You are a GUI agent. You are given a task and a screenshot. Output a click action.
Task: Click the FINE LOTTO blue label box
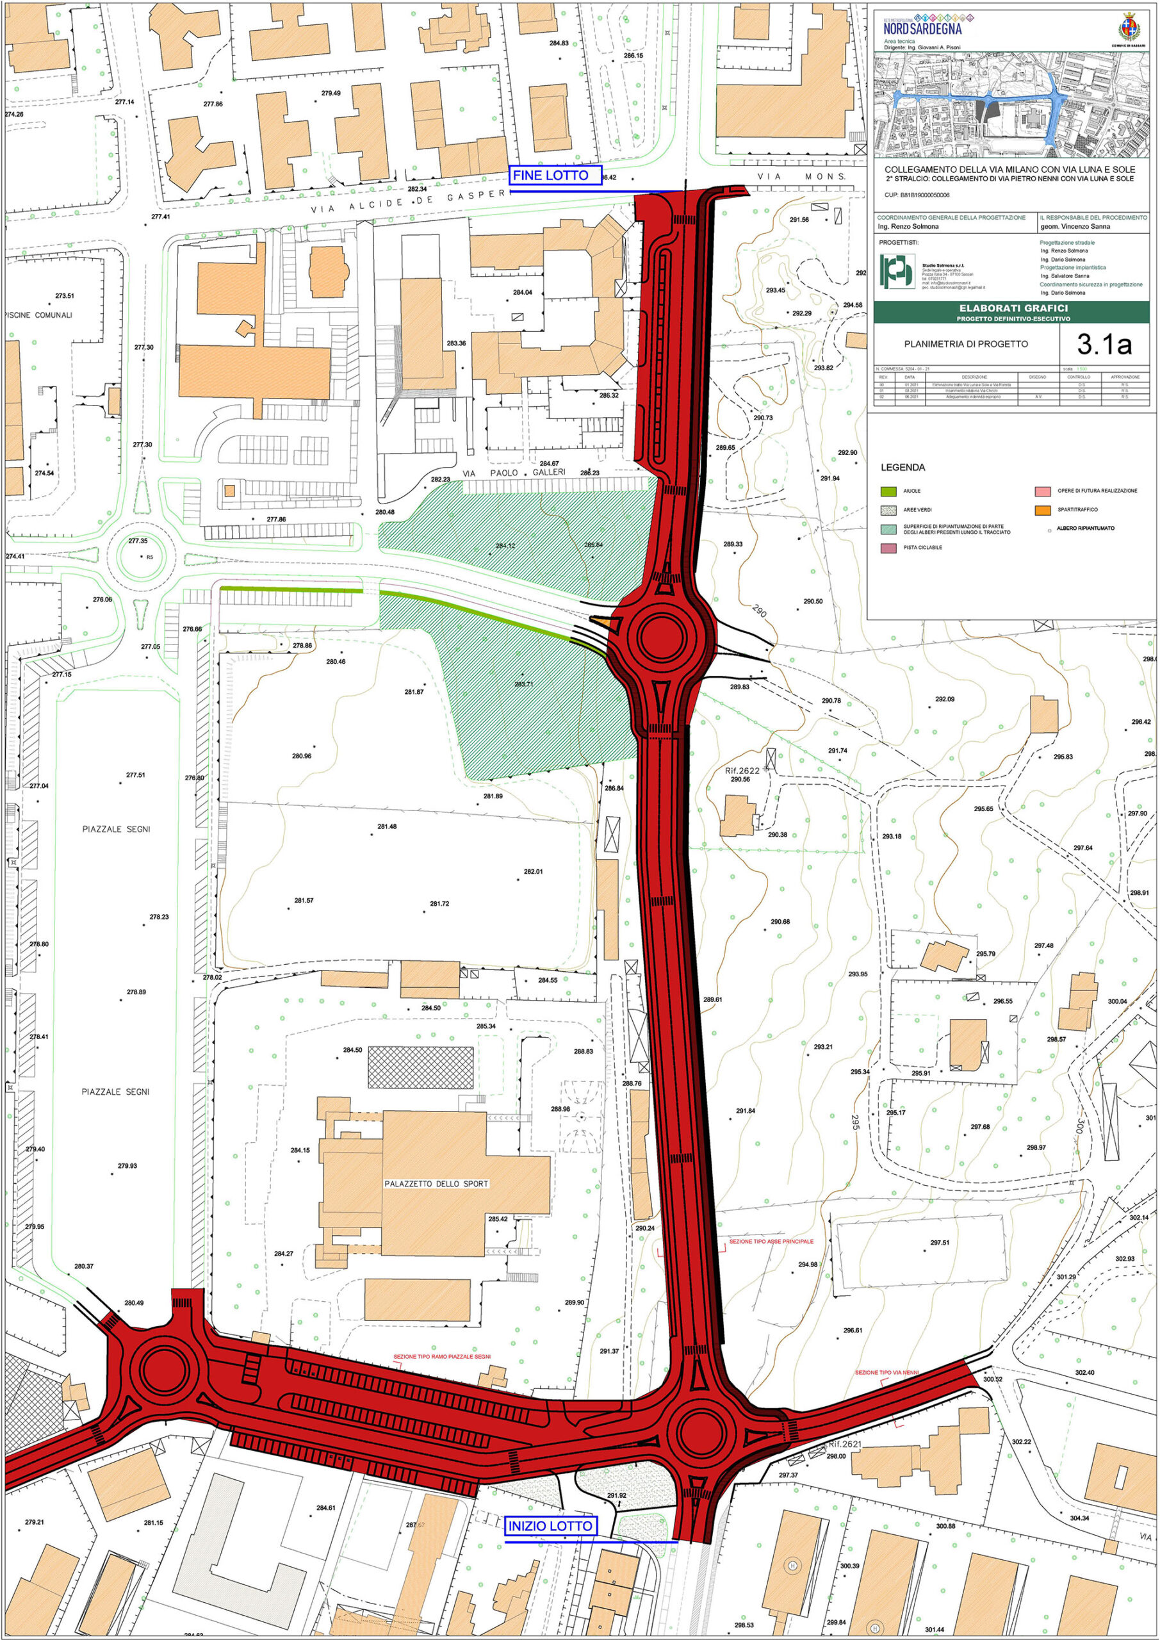pyautogui.click(x=555, y=176)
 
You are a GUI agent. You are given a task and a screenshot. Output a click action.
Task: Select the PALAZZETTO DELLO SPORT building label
pyautogui.click(x=436, y=1184)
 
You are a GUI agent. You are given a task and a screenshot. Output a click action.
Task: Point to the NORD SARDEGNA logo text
pyautogui.click(x=922, y=29)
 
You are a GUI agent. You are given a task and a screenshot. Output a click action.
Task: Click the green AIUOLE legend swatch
pyautogui.click(x=888, y=491)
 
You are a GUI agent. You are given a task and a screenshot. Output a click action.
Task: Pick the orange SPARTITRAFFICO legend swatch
pyautogui.click(x=1043, y=510)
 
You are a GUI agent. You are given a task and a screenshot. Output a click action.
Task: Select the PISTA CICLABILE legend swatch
pyautogui.click(x=888, y=547)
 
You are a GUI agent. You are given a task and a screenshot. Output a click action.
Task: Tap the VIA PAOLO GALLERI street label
pyautogui.click(x=514, y=473)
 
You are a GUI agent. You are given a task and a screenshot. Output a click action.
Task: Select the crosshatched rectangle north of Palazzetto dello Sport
pyautogui.click(x=420, y=1067)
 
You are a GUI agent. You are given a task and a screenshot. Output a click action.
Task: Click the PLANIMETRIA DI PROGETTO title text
pyautogui.click(x=966, y=343)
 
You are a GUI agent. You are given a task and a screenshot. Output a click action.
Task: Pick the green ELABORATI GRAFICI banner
pyautogui.click(x=1012, y=311)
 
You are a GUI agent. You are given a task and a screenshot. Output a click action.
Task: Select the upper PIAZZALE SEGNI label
pyautogui.click(x=117, y=829)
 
